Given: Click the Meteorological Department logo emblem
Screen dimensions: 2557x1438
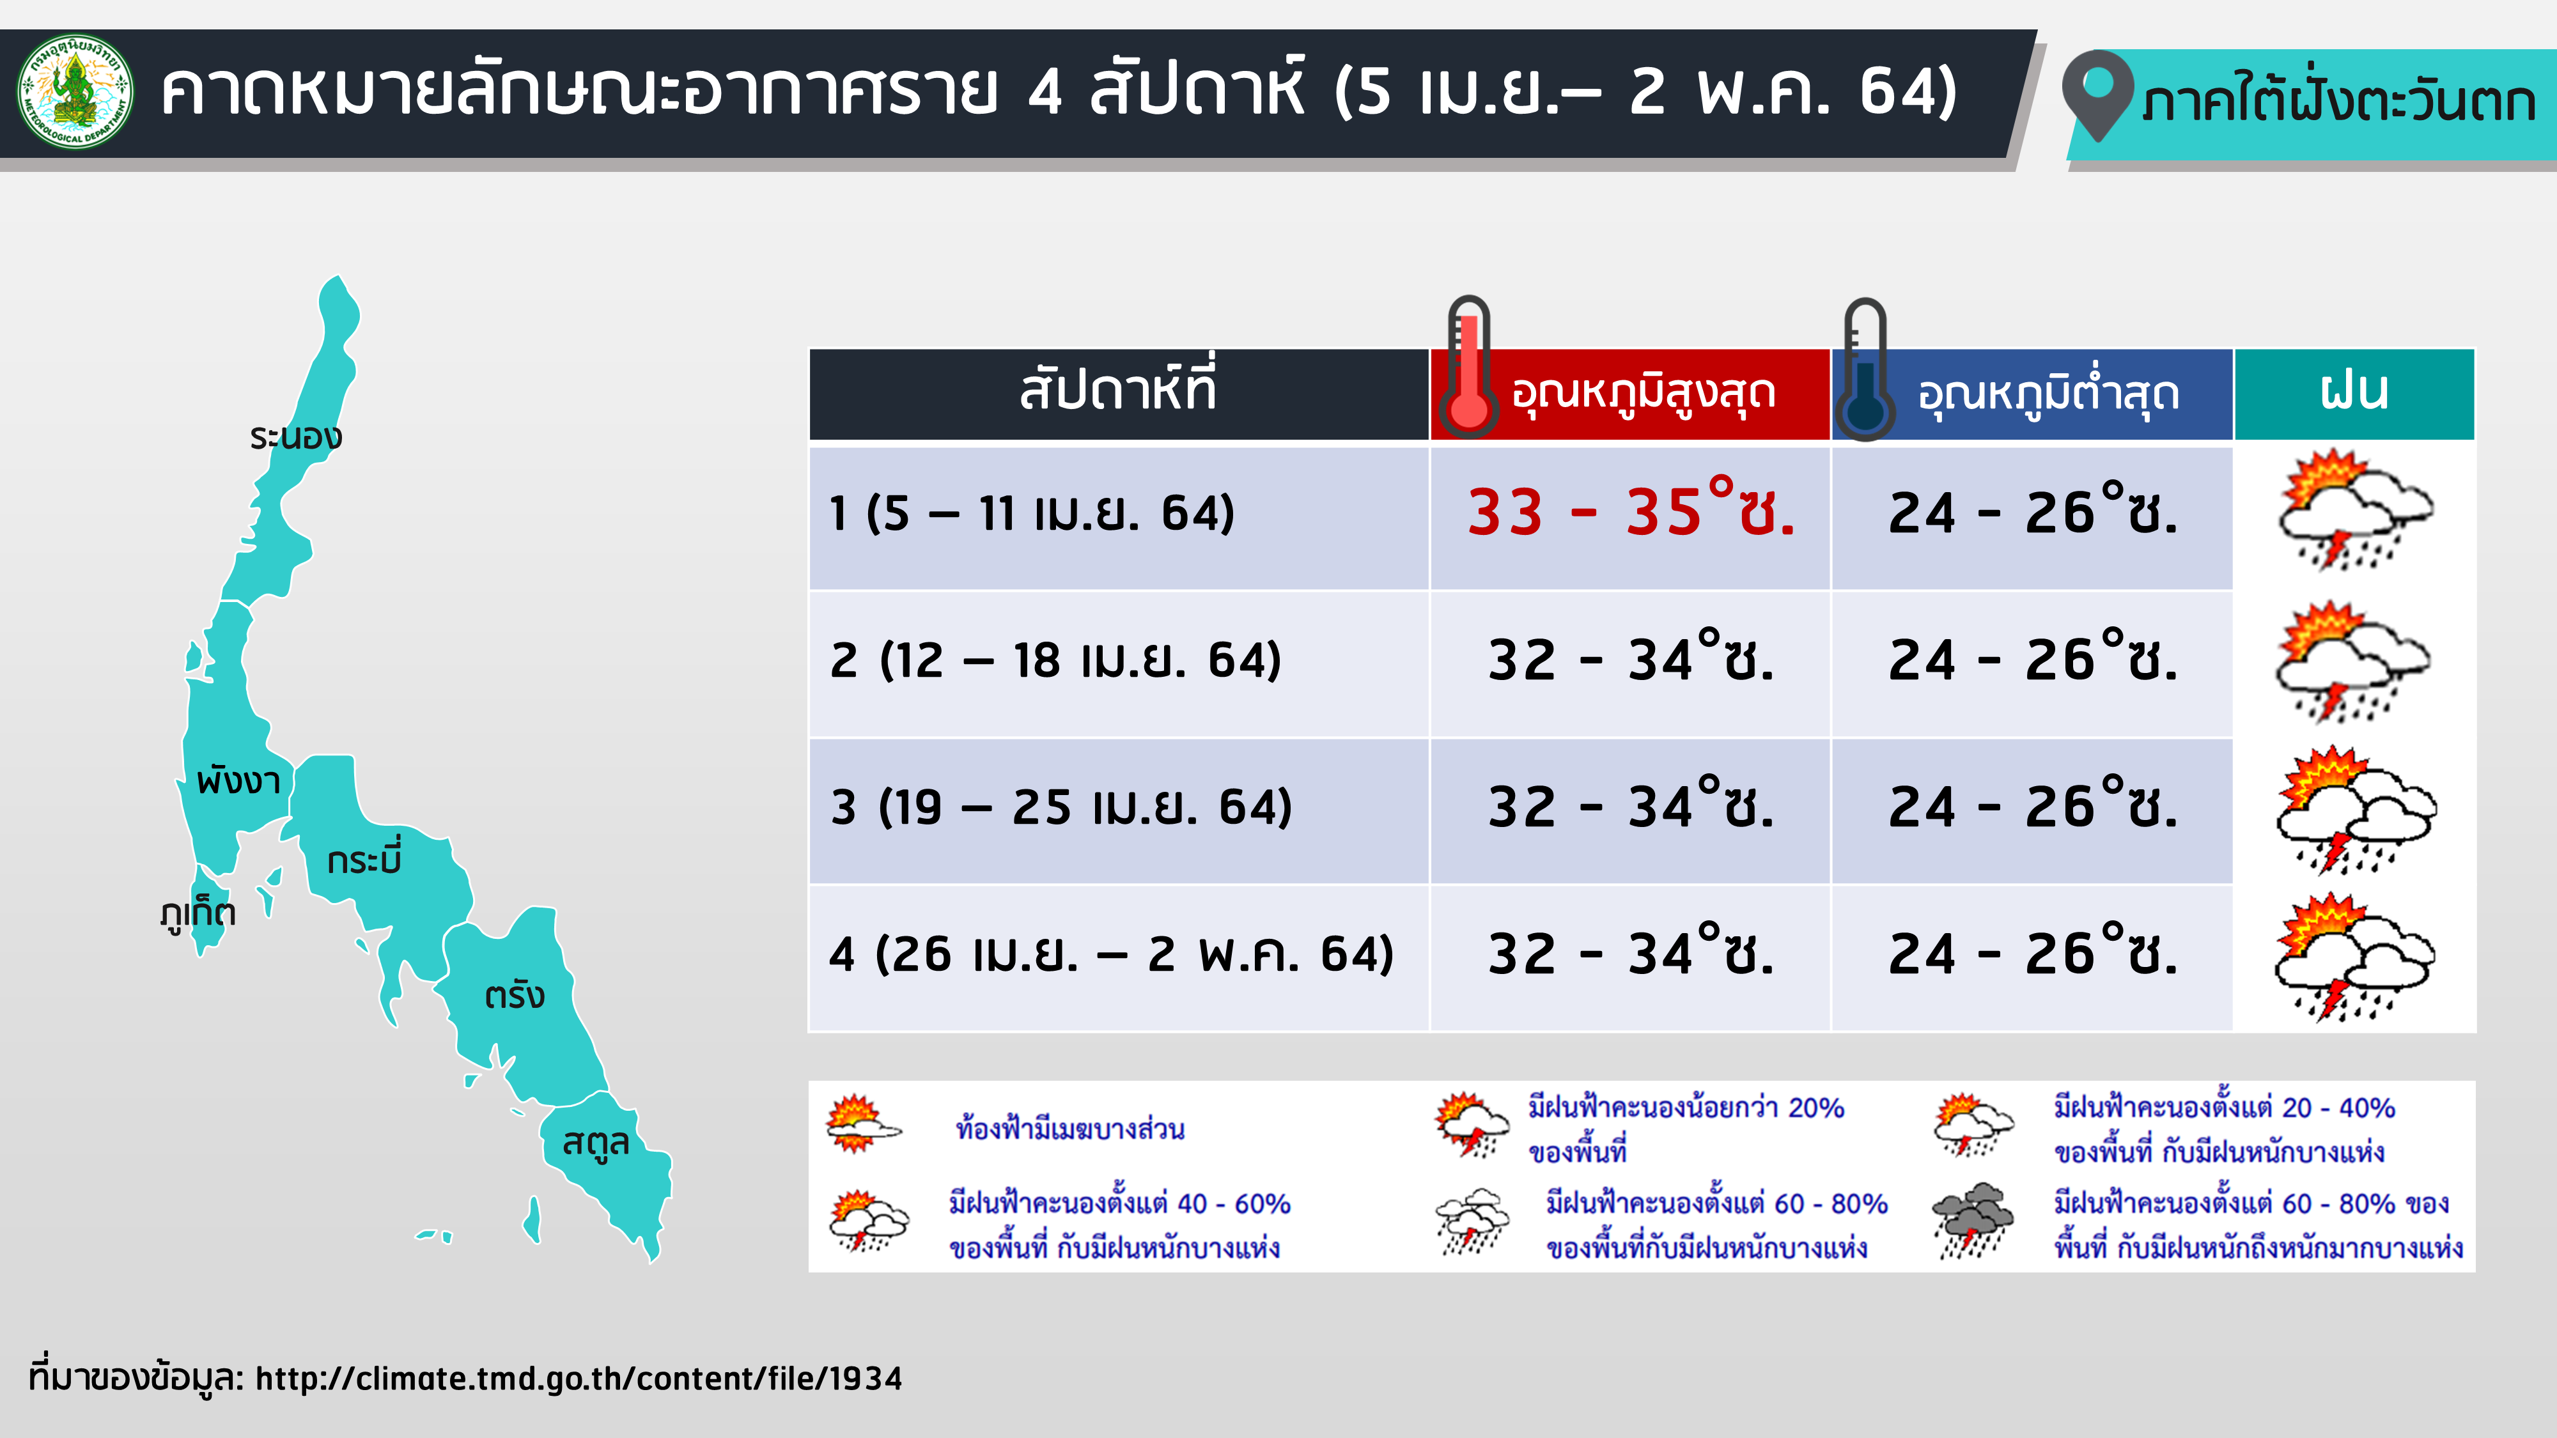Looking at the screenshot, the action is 75,91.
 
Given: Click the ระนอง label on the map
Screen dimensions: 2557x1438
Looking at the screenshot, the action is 296,436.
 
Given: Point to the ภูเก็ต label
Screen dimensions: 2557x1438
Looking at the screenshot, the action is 198,911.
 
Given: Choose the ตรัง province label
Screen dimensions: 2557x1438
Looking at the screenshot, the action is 514,994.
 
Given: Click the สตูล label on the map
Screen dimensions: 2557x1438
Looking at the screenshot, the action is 596,1142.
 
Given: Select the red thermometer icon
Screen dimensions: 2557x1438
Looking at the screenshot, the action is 1468,367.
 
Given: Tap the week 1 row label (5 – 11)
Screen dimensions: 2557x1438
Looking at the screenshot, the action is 1031,513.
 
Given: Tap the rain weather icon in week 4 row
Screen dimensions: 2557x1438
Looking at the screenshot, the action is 2354,957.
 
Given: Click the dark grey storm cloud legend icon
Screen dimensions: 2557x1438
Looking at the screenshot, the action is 1972,1221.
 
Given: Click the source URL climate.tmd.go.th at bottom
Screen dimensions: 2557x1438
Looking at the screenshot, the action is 579,1379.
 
